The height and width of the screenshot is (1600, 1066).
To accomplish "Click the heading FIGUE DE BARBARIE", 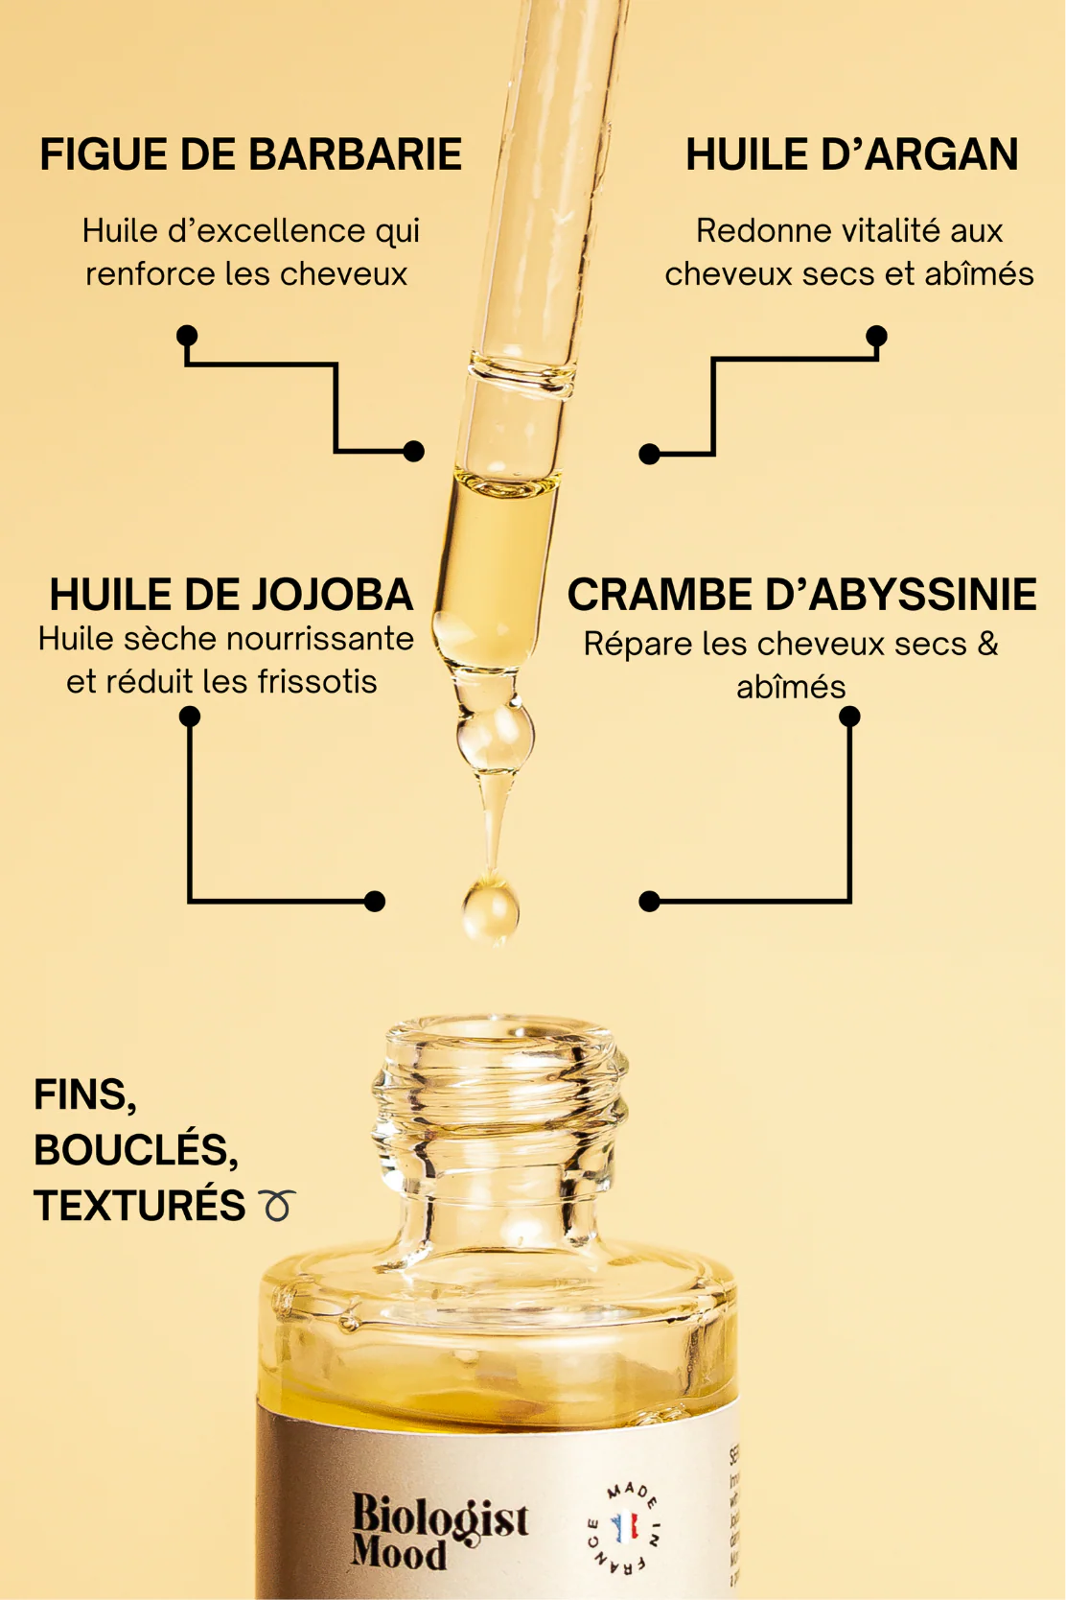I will tap(250, 154).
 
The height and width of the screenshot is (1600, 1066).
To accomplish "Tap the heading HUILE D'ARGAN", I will tap(851, 154).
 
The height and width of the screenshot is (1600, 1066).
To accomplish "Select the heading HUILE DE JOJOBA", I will tap(231, 595).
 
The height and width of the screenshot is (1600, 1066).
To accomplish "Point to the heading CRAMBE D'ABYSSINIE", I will tap(801, 595).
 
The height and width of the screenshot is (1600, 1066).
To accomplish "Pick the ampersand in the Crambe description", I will tap(987, 644).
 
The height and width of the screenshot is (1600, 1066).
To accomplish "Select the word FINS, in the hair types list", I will tap(85, 1094).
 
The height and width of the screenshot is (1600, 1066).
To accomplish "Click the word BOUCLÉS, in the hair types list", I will tap(136, 1150).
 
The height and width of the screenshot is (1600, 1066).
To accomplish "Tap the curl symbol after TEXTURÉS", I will tap(277, 1205).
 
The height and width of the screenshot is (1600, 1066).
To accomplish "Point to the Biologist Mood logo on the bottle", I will tap(438, 1531).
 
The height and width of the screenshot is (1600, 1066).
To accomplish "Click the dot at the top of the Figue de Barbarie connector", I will tap(187, 335).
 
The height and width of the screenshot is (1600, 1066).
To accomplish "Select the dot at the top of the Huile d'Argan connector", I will tap(876, 336).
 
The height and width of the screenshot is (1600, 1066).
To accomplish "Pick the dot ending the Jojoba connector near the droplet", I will tap(375, 901).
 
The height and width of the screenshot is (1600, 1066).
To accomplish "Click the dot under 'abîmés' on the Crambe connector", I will tap(849, 717).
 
